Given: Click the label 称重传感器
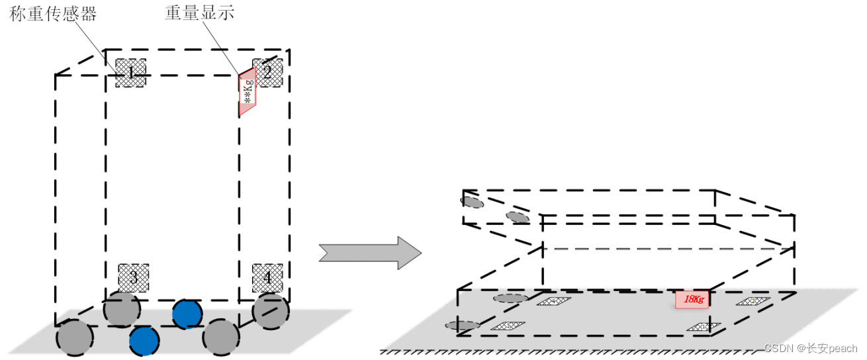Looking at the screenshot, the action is tap(53, 14).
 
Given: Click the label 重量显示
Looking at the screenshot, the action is tap(199, 14).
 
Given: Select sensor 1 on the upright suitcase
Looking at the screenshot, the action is tap(131, 73).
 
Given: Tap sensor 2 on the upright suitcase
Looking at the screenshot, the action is tap(267, 73).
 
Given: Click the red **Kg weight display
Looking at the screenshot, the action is tap(247, 92).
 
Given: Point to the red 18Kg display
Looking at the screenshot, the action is tap(692, 300).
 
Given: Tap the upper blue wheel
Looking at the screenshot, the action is tap(187, 314).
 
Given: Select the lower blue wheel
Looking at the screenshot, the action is tap(144, 341).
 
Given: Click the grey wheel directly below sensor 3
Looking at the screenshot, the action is tap(122, 308).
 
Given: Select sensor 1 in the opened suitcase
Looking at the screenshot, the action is tap(703, 326).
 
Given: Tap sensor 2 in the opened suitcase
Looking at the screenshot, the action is tap(753, 301).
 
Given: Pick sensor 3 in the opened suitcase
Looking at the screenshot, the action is tap(508, 326).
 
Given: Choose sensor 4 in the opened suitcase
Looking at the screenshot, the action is tap(553, 302).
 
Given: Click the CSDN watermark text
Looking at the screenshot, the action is tap(810, 348).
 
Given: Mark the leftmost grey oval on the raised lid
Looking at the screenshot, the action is tap(473, 201).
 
